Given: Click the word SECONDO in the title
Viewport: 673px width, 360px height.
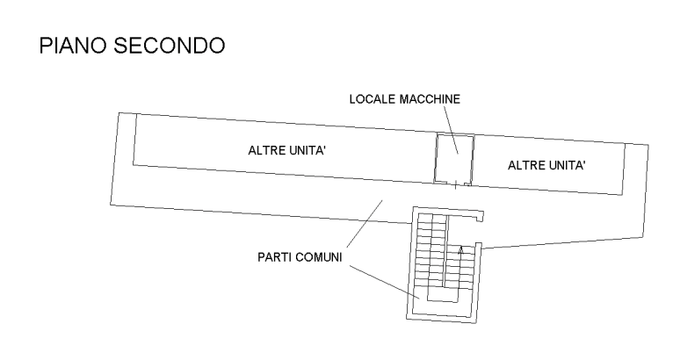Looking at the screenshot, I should tap(170, 46).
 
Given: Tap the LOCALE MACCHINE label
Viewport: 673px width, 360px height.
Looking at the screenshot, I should tap(404, 99).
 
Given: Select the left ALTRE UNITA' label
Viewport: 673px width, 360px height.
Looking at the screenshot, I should tap(288, 151).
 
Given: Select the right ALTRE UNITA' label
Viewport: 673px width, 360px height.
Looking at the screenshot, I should tap(547, 164).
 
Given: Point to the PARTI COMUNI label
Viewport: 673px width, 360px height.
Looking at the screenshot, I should tap(300, 257).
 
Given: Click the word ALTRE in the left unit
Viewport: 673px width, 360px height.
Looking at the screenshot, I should tap(265, 151).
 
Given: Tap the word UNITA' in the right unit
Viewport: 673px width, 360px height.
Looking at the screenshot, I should tap(568, 164).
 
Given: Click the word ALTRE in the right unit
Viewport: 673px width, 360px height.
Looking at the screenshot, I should tap(525, 164).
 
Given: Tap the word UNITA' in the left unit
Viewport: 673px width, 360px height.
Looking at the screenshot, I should tap(308, 151).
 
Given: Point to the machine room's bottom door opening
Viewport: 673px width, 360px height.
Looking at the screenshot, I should tap(453, 184).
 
